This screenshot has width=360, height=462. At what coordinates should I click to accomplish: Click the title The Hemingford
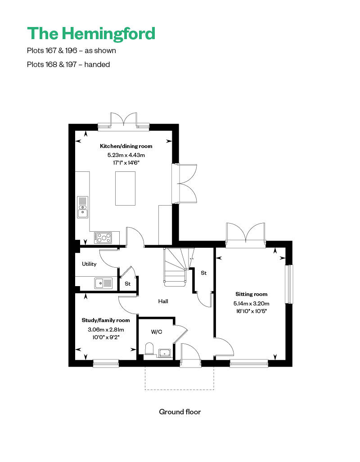pos(91,33)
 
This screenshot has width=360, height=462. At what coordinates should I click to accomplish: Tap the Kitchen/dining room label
pos(126,146)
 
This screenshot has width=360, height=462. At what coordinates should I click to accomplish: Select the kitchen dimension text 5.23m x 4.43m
pos(126,155)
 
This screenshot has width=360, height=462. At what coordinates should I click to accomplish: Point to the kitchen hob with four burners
pos(103,237)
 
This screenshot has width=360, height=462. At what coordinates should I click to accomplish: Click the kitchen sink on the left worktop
pos(83,207)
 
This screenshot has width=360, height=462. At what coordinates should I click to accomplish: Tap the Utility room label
pos(89,264)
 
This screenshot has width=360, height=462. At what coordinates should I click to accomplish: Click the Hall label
pos(163,301)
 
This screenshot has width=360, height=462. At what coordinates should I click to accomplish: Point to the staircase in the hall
pos(175,267)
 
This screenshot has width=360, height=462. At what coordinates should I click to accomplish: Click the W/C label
pos(157,332)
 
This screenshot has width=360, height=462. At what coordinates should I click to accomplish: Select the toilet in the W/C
pos(150,349)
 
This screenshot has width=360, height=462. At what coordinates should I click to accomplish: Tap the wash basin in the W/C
pos(165,352)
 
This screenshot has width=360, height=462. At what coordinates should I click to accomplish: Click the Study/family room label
pos(106,320)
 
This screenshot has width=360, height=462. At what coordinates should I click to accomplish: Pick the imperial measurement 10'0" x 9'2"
pos(106,337)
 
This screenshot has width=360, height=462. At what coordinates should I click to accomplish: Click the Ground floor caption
pos(180,412)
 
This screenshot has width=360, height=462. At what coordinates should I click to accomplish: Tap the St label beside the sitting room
pos(203,273)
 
